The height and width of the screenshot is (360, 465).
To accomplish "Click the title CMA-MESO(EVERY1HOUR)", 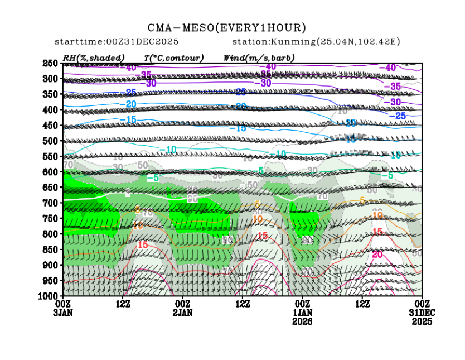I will (227, 27).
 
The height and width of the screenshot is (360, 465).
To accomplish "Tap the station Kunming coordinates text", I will (316, 42).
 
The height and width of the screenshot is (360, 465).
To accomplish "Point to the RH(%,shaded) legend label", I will (94, 57).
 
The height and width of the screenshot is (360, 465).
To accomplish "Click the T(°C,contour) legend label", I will (173, 57).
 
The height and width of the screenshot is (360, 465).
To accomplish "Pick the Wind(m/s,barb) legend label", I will (259, 57).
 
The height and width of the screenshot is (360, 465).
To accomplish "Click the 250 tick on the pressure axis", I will (51, 64).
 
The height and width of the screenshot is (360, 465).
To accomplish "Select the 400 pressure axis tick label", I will (51, 110).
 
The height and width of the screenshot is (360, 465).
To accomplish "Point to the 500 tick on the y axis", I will (51, 141).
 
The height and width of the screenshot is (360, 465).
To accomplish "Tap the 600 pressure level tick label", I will (51, 172).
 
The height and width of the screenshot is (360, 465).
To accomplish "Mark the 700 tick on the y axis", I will (51, 203).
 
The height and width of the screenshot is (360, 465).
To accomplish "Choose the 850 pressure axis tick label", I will (51, 249).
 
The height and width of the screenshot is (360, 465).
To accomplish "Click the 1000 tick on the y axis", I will (49, 295).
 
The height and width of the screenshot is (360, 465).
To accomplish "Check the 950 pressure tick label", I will (51, 280).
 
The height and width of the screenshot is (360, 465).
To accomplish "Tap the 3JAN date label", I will (63, 313).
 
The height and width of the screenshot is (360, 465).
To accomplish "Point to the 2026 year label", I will (302, 322).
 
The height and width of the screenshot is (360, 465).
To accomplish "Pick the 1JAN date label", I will (302, 313).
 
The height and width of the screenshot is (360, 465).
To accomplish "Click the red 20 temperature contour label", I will (377, 254).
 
